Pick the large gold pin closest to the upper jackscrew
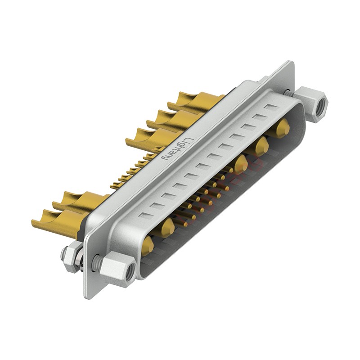point(283,128)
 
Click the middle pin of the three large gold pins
point(261,146)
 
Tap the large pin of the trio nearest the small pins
point(241,164)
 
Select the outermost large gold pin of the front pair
point(147,245)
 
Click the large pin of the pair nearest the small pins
point(167,227)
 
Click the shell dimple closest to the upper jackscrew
point(271,107)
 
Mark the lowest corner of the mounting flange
point(86,297)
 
